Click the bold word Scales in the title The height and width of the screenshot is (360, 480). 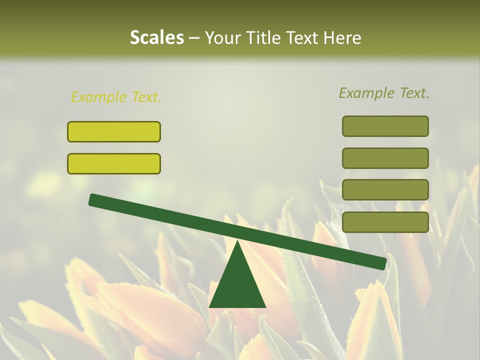156,37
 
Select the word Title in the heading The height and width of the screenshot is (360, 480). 264,37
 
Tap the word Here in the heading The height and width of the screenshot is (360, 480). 343,37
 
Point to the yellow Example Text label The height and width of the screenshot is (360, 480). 116,97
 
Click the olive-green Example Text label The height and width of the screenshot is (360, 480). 384,93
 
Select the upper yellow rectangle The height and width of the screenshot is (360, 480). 114,131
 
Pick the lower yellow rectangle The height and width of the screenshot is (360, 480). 114,163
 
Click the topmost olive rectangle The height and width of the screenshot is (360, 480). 385,126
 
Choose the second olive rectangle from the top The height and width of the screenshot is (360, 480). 385,158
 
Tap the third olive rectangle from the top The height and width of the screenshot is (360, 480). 385,190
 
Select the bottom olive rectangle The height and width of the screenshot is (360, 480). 385,222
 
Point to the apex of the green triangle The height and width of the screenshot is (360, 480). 237,242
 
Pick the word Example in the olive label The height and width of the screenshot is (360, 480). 367,93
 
